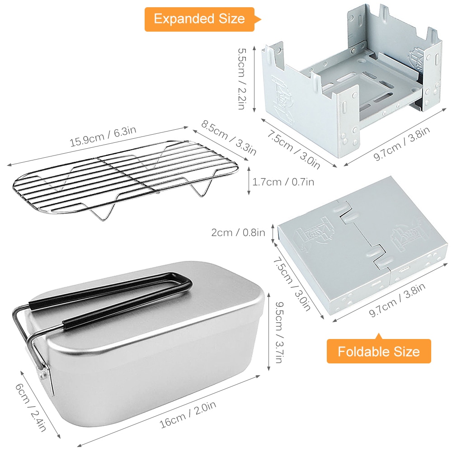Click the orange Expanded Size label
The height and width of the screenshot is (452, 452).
coord(199,19)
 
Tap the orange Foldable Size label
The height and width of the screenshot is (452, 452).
coord(379,351)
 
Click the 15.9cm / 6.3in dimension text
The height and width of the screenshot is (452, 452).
coord(103,137)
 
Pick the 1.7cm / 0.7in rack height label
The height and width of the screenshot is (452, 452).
coord(283,182)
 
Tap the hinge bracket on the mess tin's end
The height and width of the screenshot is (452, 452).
coord(42,373)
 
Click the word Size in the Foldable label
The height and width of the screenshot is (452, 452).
coord(406,351)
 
